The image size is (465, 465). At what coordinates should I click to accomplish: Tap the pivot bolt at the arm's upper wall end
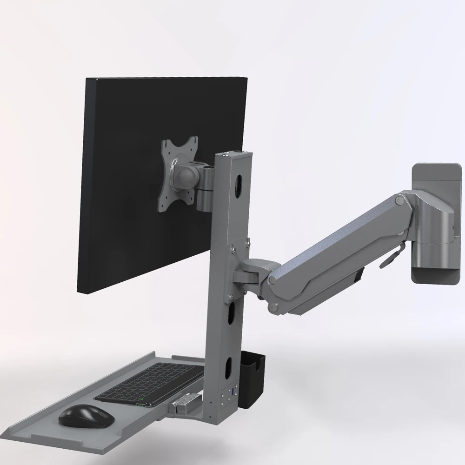(x=399, y=200)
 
